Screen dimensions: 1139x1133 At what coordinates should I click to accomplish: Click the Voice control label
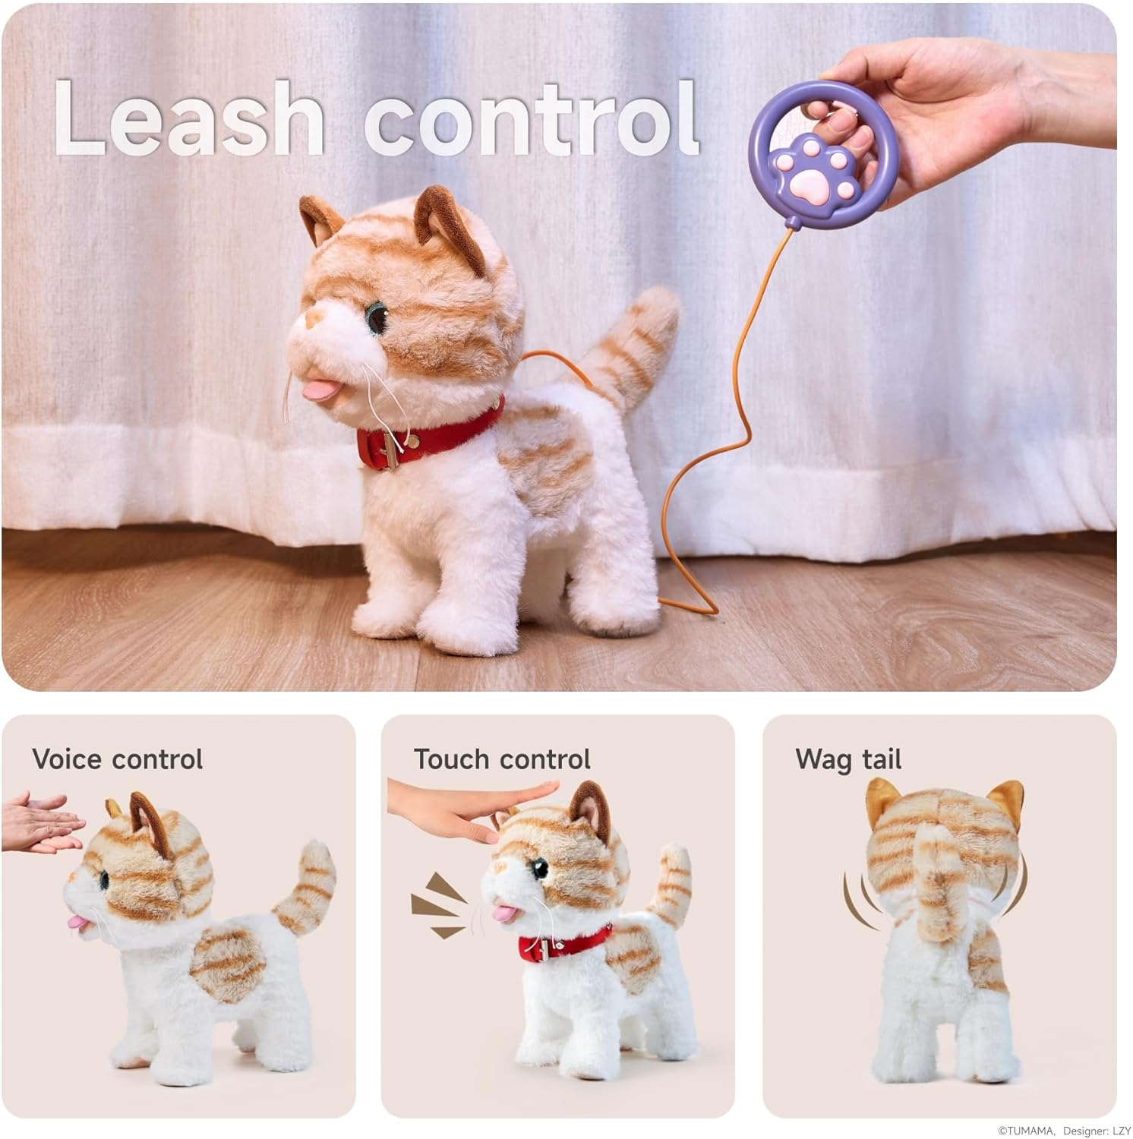coord(118,759)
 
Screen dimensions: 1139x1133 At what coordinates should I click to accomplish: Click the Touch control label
coord(501,759)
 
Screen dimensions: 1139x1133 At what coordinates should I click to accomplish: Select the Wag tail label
coord(848,759)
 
